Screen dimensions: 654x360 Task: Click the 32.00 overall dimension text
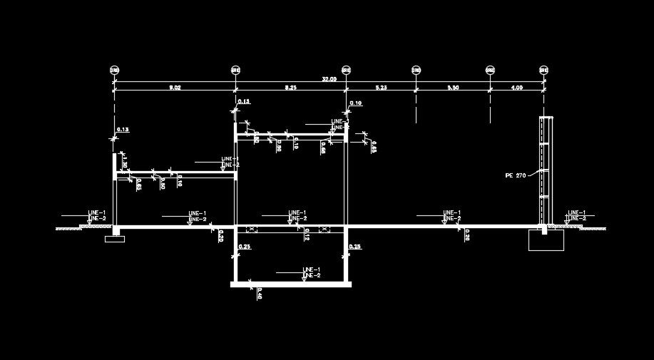(x=329, y=78)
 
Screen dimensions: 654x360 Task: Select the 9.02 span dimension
(x=175, y=87)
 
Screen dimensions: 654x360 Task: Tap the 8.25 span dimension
(x=291, y=87)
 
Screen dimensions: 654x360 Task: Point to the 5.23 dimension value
(x=381, y=87)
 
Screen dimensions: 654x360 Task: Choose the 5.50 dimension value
(x=453, y=87)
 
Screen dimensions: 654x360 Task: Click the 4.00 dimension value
(x=517, y=87)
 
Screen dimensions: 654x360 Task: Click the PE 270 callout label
(x=514, y=175)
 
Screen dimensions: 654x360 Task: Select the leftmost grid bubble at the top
(x=114, y=70)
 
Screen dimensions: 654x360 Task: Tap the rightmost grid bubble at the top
(x=544, y=70)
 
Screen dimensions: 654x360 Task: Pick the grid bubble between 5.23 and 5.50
(x=416, y=70)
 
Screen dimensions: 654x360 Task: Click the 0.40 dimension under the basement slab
(x=259, y=294)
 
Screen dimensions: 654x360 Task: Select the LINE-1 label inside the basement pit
(x=312, y=269)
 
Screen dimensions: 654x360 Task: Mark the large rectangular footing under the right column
(x=546, y=240)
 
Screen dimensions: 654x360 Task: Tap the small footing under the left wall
(x=114, y=238)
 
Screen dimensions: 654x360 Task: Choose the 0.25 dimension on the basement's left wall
(x=244, y=247)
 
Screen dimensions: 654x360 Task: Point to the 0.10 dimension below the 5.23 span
(x=356, y=103)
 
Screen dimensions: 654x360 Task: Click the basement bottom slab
(x=291, y=284)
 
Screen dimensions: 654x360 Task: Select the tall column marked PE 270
(x=546, y=171)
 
